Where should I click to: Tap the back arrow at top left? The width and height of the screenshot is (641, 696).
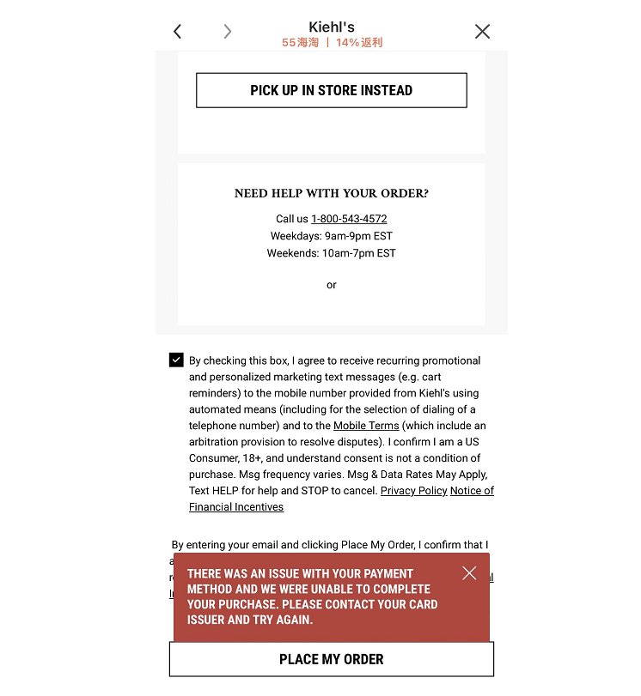click(x=177, y=32)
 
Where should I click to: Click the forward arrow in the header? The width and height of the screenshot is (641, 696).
click(x=227, y=32)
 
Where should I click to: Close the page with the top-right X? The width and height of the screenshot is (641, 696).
click(x=482, y=32)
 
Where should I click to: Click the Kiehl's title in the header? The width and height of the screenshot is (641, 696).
click(x=332, y=27)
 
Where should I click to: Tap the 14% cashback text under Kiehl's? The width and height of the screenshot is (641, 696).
click(x=359, y=43)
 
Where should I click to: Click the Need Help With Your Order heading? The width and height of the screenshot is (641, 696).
click(x=332, y=194)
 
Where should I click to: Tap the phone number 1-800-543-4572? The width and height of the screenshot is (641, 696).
click(x=349, y=219)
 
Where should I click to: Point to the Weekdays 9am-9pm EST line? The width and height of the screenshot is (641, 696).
click(x=332, y=236)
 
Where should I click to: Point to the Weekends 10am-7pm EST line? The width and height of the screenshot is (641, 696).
click(x=332, y=253)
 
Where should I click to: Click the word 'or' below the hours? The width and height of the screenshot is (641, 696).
click(x=332, y=285)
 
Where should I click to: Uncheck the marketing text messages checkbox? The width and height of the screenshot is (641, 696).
click(x=176, y=360)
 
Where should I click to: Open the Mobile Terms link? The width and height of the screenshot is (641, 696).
click(x=366, y=426)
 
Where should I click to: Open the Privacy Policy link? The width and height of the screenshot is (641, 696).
click(x=414, y=491)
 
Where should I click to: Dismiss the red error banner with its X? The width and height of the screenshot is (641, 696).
click(x=468, y=573)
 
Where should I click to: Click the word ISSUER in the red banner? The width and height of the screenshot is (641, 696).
click(x=206, y=620)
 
